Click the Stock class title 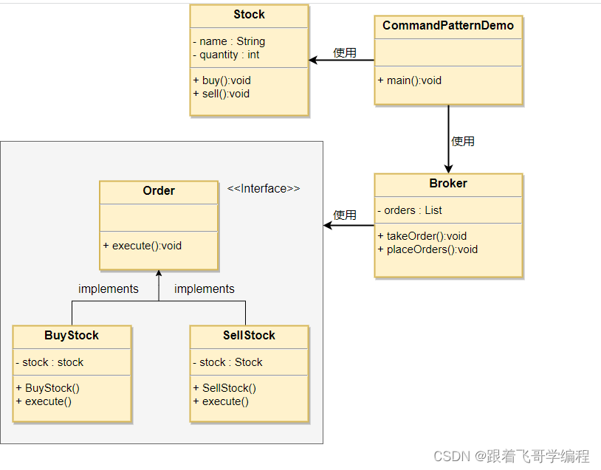(249, 15)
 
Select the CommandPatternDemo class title (448, 25)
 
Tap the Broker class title (448, 183)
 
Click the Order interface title (159, 190)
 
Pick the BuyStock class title (72, 335)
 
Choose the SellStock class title (249, 335)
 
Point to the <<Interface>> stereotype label (264, 188)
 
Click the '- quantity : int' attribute (226, 55)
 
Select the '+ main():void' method (409, 80)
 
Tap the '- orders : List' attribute (409, 210)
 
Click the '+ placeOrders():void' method (427, 249)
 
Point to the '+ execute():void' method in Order (142, 246)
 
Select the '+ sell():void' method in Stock (221, 94)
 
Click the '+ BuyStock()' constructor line (47, 388)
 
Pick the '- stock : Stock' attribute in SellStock (227, 362)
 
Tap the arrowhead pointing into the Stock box (313, 61)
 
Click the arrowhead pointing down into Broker (448, 169)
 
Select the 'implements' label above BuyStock (109, 288)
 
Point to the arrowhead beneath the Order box (159, 273)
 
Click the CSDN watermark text (512, 456)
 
